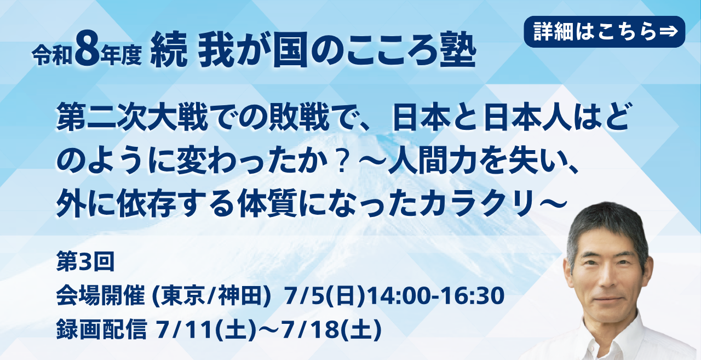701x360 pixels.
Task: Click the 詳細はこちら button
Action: tap(604, 32)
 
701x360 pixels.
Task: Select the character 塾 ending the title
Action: tap(458, 49)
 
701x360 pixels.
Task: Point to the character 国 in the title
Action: tap(290, 50)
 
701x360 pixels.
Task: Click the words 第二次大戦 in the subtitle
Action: tap(132, 118)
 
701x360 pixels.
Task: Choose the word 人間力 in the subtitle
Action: tap(433, 162)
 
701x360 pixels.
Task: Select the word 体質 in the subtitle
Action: tap(267, 204)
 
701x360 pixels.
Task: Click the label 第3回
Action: tap(85, 262)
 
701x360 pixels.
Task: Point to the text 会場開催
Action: tap(100, 295)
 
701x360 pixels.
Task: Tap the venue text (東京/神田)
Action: tap(211, 296)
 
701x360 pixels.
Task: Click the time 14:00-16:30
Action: tap(435, 295)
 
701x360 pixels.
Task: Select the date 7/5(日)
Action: tap(325, 296)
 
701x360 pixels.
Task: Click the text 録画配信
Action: tap(101, 329)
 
